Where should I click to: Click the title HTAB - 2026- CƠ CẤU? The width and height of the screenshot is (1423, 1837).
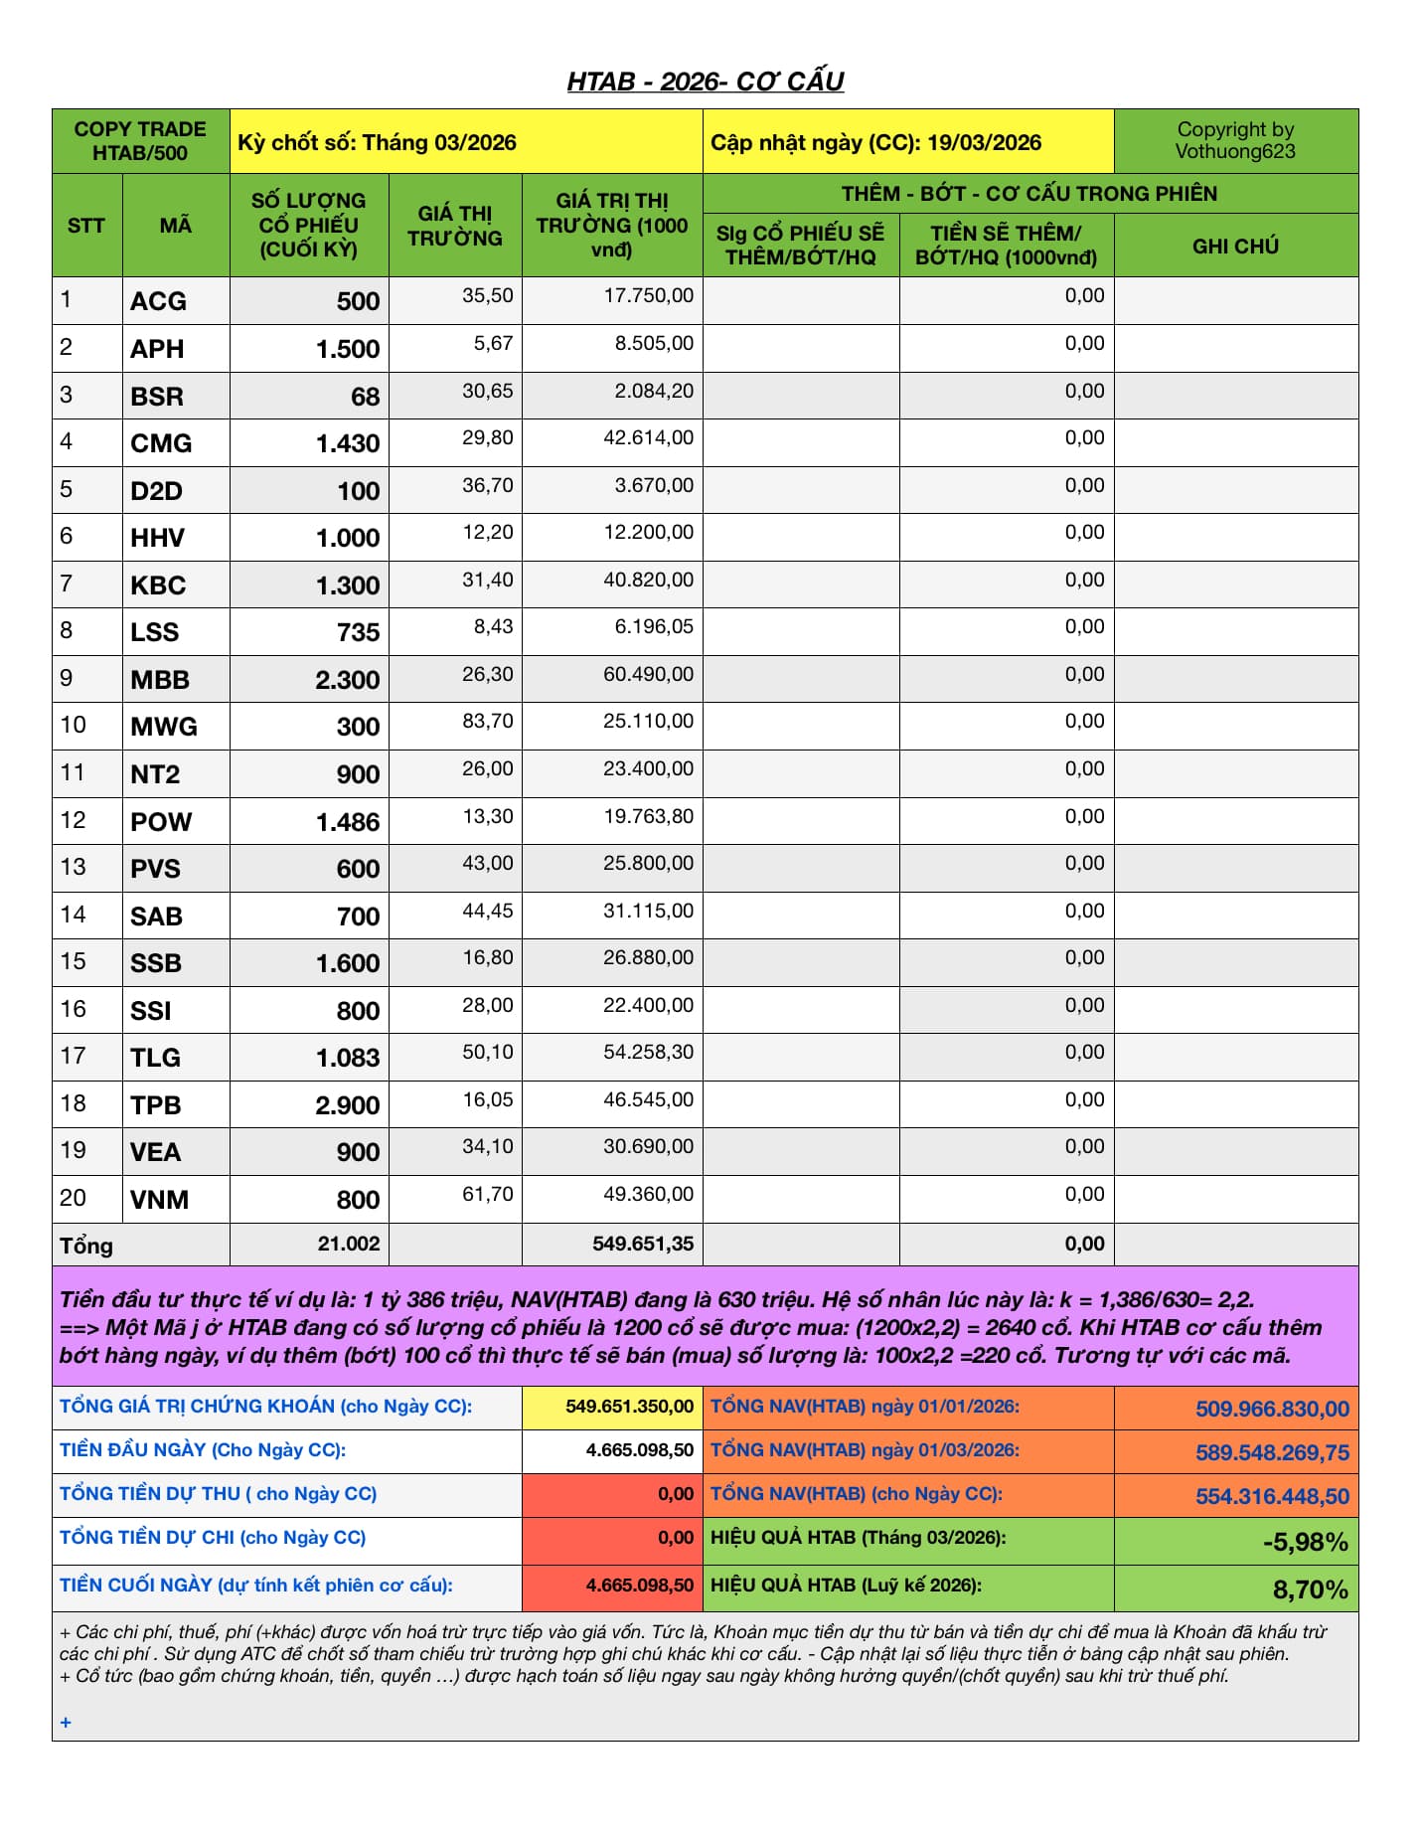705,82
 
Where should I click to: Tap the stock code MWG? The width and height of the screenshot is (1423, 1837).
164,727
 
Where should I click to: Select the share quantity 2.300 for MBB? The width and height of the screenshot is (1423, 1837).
347,680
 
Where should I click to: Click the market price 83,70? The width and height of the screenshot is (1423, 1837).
487,721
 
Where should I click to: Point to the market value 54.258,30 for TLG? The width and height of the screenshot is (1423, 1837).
648,1052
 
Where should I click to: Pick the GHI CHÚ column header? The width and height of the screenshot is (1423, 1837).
1235,246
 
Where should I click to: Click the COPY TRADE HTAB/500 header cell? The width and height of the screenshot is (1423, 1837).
140,141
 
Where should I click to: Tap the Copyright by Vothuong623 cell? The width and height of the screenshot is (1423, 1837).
1235,140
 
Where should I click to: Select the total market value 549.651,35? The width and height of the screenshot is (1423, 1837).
643,1244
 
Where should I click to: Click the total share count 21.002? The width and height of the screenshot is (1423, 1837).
348,1244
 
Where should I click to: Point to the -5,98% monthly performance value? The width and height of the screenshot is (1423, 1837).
1305,1542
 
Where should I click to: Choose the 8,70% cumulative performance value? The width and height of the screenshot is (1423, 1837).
1310,1589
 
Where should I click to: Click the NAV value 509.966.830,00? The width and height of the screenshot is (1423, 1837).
1272,1409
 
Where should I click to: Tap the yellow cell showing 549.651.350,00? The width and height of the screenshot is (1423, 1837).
629,1407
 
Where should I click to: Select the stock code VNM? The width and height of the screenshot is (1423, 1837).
159,1200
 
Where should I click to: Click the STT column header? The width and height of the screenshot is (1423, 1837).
86,226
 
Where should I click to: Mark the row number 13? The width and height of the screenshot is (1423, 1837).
73,867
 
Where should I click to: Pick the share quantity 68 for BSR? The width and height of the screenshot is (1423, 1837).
365,397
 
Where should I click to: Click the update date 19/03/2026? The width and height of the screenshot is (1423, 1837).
984,142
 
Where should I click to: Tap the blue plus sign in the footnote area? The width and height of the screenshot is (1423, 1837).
66,1723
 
